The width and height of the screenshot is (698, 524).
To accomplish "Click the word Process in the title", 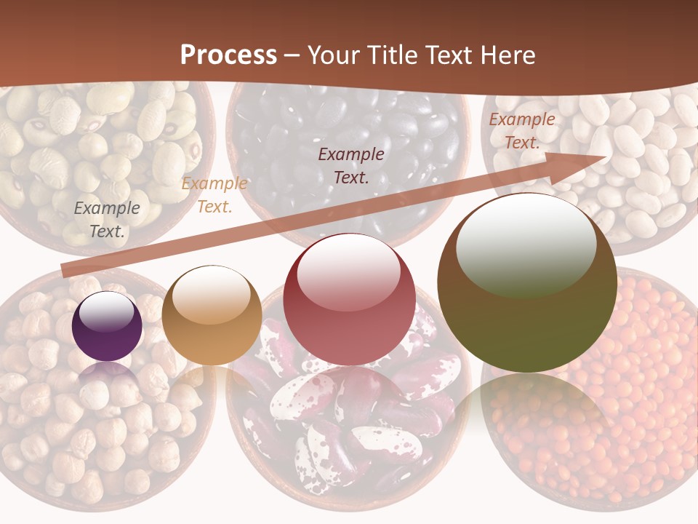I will [228, 55].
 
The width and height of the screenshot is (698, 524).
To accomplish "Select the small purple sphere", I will [108, 327].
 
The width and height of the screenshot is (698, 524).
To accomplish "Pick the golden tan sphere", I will [212, 316].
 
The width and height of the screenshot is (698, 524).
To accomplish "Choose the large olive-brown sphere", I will [527, 284].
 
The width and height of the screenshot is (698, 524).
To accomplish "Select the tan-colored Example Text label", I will [214, 195].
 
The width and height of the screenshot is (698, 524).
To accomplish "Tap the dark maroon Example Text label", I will [351, 165].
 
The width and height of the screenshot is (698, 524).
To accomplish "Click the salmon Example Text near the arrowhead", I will [521, 131].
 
